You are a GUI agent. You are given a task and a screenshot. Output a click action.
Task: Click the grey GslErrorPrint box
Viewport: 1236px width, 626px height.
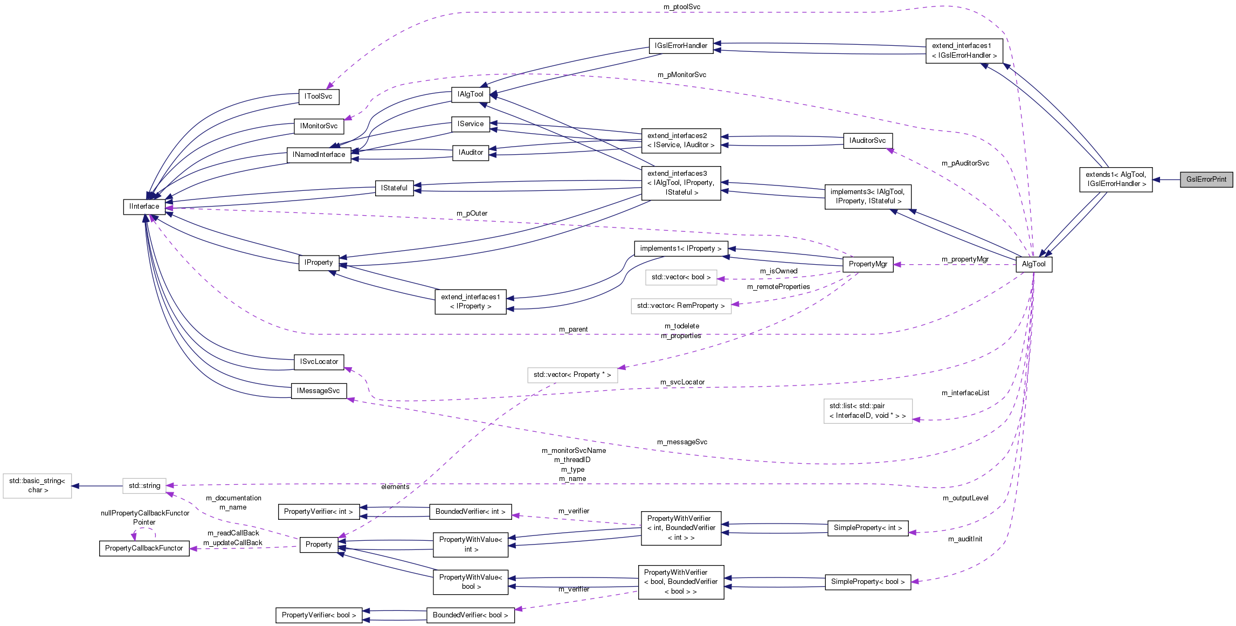click(x=1206, y=180)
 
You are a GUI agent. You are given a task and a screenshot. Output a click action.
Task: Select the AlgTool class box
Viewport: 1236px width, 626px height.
click(x=1033, y=264)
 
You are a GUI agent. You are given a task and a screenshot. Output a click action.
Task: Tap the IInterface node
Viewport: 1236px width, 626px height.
click(x=144, y=207)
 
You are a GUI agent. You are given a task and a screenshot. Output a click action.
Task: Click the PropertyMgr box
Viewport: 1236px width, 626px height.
click(x=867, y=264)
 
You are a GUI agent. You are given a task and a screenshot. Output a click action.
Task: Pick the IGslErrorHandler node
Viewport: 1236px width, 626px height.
click(x=681, y=46)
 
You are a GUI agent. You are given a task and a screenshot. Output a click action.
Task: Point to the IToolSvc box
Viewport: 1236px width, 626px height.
click(x=318, y=97)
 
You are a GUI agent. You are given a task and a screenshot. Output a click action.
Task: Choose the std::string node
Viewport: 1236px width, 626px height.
click(x=144, y=486)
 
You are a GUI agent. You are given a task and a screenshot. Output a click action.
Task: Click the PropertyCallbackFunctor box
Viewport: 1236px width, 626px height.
click(x=144, y=548)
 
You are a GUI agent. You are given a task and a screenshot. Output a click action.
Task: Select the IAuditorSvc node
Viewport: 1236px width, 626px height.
click(x=867, y=141)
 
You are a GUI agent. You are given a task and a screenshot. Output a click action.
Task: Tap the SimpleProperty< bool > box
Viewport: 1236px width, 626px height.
click(x=867, y=582)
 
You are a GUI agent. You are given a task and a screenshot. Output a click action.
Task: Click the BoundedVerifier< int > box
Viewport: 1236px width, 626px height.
click(x=470, y=512)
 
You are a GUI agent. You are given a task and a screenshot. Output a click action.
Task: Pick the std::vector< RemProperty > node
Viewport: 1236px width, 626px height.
click(x=680, y=306)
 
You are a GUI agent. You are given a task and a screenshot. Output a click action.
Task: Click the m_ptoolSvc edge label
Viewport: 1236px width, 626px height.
click(x=681, y=7)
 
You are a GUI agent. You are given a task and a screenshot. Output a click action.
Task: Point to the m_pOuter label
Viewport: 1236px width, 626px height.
click(x=472, y=214)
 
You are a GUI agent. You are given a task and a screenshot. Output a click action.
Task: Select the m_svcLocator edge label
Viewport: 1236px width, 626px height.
click(x=682, y=382)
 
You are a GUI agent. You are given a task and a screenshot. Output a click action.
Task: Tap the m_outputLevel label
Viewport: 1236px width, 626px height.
click(x=965, y=498)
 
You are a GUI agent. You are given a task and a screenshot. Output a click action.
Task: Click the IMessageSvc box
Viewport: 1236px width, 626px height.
click(x=318, y=391)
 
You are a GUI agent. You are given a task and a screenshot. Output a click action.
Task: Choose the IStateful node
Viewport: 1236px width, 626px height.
click(x=394, y=188)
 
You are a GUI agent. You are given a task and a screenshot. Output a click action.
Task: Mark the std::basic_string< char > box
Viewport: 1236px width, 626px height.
click(x=37, y=486)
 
